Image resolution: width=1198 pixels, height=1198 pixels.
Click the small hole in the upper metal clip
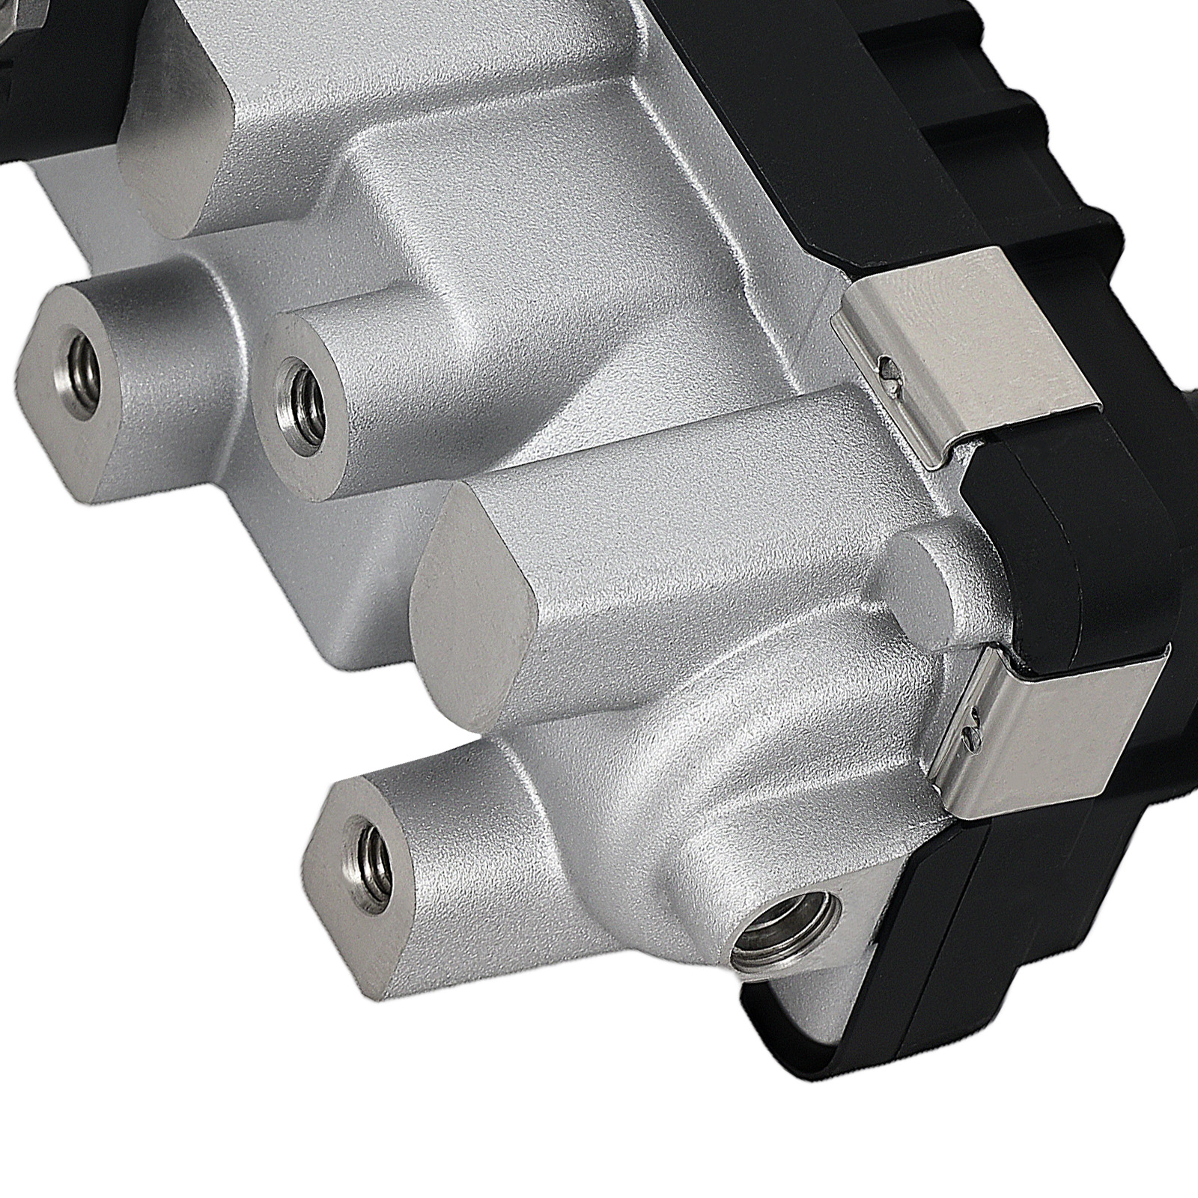(888, 366)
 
